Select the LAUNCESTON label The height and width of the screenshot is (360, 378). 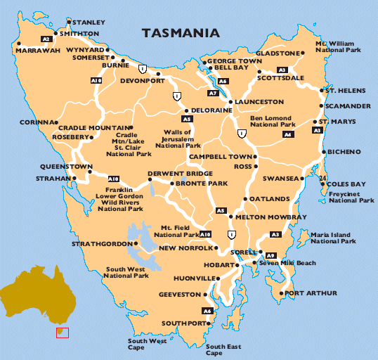pyautogui.click(x=259, y=102)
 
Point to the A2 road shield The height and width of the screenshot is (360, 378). pyautogui.click(x=46, y=39)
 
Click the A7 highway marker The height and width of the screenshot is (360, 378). pyautogui.click(x=213, y=93)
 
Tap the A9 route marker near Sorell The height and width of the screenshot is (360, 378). pyautogui.click(x=271, y=255)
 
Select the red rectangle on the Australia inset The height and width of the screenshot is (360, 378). pyautogui.click(x=63, y=332)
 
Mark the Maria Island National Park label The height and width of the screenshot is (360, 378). pyautogui.click(x=334, y=237)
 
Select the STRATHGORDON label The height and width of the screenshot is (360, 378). pyautogui.click(x=100, y=244)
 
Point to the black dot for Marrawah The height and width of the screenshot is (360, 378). pyautogui.click(x=18, y=43)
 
